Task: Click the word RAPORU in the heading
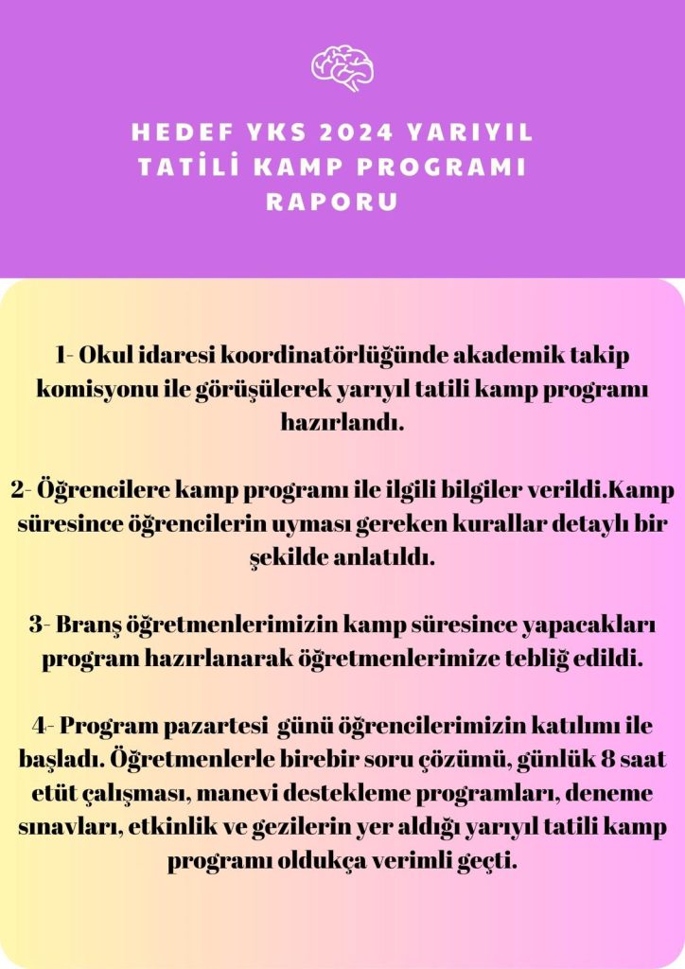331,202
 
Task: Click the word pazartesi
212,726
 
